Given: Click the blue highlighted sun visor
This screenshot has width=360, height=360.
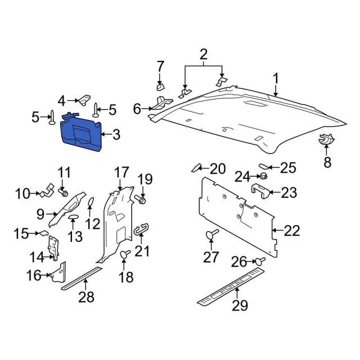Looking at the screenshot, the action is coord(81,133).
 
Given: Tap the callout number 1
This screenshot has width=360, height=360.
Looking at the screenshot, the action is coord(276,79).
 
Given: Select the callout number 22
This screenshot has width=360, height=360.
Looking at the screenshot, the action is coord(292,231).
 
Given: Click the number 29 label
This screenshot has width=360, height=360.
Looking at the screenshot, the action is coord(240,305).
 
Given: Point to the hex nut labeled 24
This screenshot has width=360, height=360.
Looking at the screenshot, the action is coord(263,176).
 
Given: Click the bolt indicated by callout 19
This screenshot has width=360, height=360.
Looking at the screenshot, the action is coord(140,199).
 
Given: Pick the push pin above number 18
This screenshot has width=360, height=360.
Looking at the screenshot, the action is coord(125,254).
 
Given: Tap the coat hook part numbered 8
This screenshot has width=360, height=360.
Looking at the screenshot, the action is coord(326,139).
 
